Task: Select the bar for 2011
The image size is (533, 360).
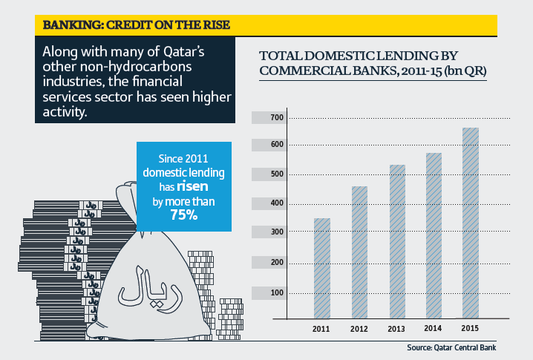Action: [321, 268]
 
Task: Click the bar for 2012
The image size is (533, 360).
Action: [359, 252]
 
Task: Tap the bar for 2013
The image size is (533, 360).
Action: [397, 241]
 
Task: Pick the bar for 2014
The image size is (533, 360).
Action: [434, 235]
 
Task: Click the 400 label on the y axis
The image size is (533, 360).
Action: [277, 203]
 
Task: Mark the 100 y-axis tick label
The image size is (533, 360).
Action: [277, 292]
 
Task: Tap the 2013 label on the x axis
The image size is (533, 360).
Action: [397, 329]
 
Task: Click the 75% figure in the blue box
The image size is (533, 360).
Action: [183, 215]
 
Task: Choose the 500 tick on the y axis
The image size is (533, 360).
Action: [277, 174]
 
